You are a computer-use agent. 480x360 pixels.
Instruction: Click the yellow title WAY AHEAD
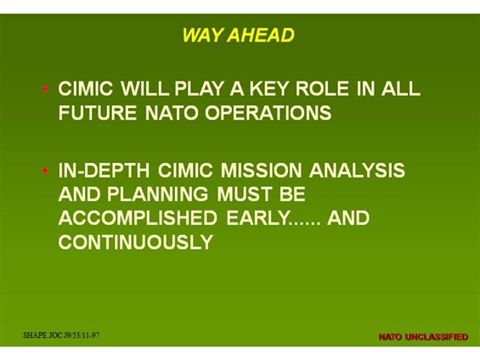238,35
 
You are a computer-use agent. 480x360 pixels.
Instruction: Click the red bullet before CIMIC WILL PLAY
45,88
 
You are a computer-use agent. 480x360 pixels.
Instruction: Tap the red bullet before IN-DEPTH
45,171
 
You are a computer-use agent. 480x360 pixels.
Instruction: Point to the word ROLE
322,88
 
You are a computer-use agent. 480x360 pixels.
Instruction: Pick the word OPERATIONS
268,113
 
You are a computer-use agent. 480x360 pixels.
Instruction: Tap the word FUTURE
98,113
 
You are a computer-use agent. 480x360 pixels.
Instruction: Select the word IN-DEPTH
104,171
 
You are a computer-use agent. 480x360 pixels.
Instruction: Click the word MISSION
262,171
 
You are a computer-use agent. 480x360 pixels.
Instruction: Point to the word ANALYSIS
357,171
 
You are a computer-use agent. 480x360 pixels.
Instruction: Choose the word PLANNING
157,194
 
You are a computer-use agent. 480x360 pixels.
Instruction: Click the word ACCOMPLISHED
138,218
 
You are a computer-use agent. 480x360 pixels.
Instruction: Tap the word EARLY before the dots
257,218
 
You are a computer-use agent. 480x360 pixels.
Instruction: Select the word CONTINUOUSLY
136,242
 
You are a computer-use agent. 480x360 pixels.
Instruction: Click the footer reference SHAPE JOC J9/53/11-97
61,335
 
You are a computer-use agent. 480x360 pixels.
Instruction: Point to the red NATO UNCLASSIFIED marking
423,337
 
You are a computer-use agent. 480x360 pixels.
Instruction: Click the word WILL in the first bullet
144,88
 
